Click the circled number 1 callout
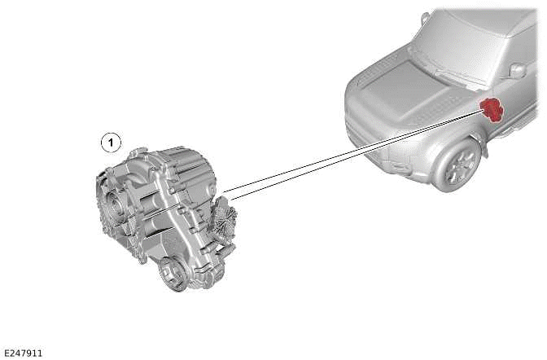[x=111, y=143]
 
